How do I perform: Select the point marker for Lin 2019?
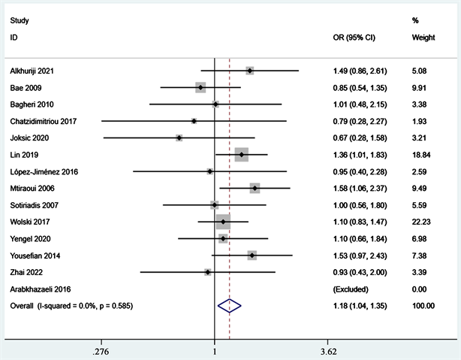[x=241, y=155]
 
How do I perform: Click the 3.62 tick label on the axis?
[x=327, y=351]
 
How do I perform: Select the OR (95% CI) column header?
[x=354, y=37]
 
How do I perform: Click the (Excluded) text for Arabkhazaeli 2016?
[x=352, y=289]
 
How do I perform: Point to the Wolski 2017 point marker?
[x=223, y=222]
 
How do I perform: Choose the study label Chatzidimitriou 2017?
[x=43, y=121]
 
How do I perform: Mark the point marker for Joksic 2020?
[x=179, y=138]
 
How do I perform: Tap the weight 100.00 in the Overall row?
[x=423, y=305]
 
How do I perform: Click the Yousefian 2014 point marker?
[x=252, y=256]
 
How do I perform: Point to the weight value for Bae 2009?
[x=422, y=87]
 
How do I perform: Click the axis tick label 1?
[x=215, y=351]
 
